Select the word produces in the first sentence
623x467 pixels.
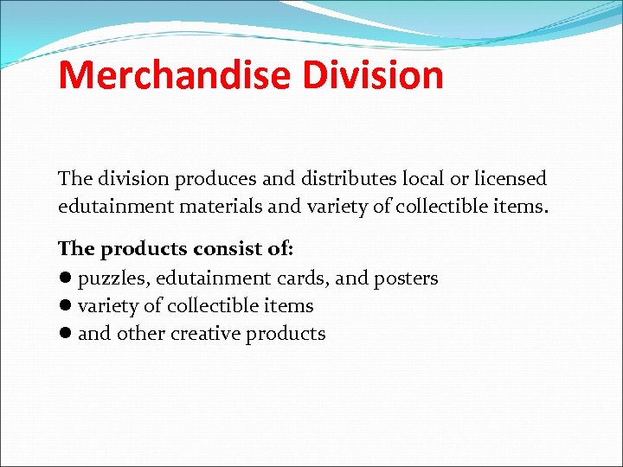(216, 179)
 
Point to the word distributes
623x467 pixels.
(344, 179)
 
